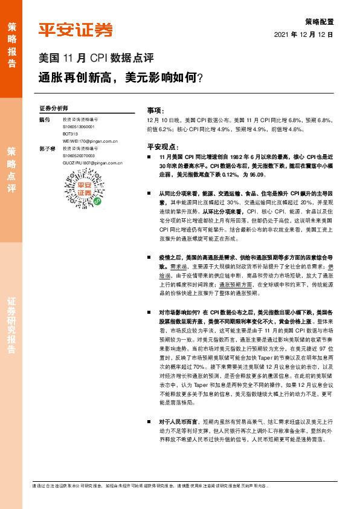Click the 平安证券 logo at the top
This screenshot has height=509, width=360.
76,30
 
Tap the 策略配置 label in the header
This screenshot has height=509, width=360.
320,20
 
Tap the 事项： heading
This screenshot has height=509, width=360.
156,111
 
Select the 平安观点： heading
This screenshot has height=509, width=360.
162,146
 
